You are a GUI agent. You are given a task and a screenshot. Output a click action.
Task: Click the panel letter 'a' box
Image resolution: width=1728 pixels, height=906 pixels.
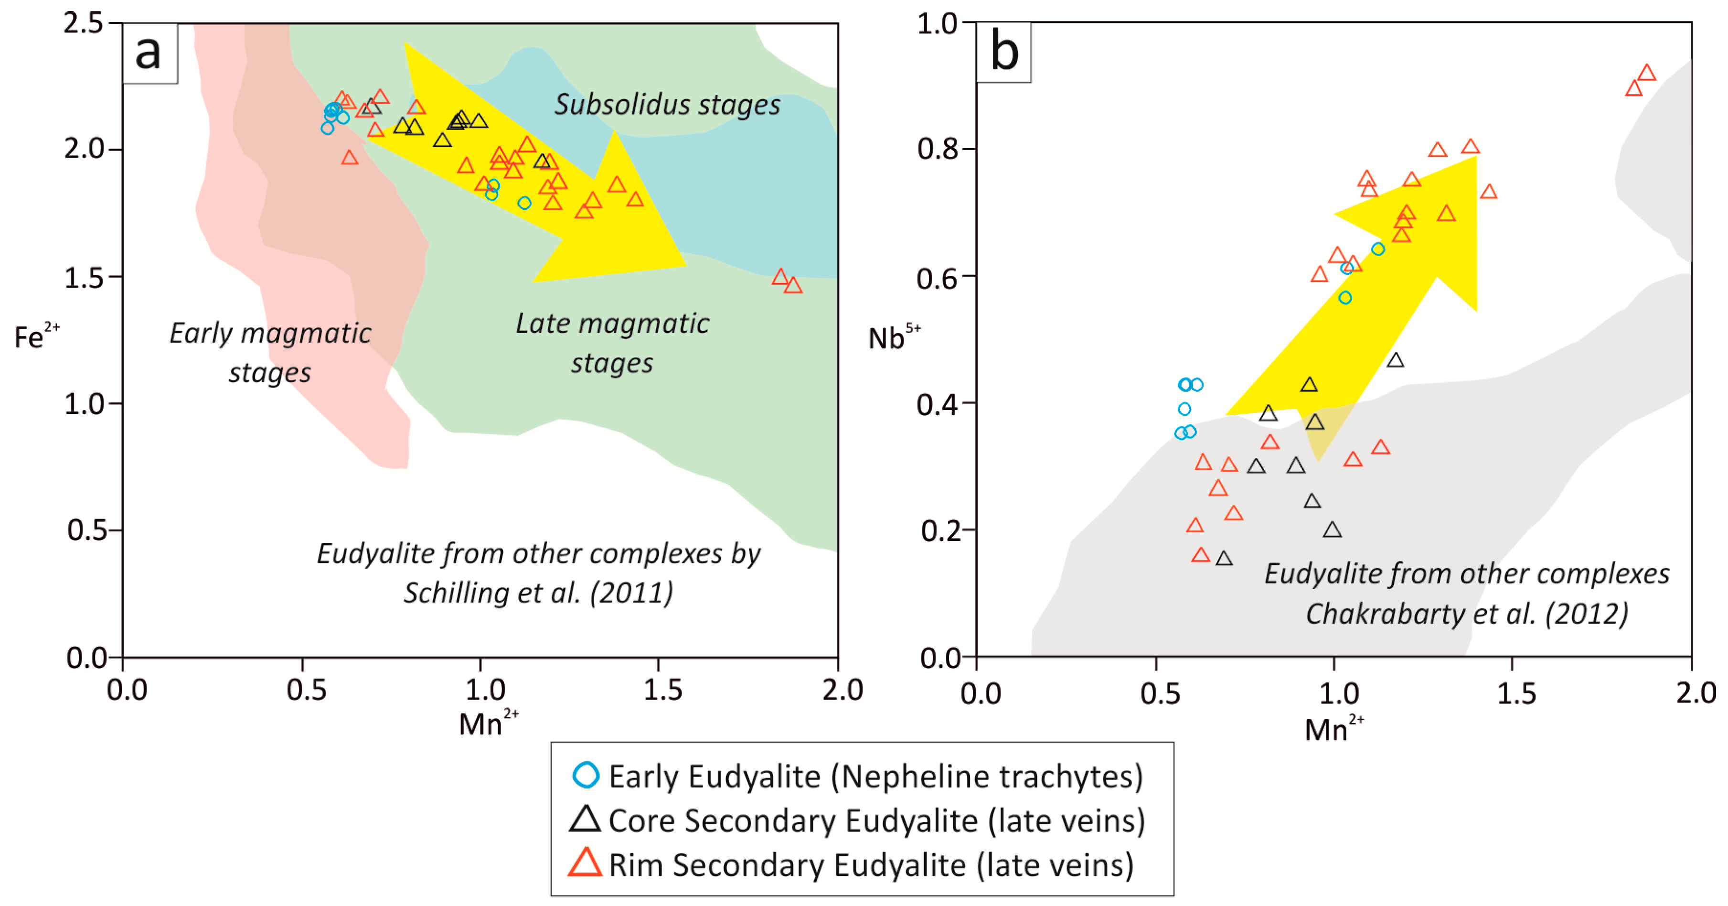(x=149, y=53)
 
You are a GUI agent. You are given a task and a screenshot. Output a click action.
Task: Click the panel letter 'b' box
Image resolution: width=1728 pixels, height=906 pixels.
(x=1003, y=53)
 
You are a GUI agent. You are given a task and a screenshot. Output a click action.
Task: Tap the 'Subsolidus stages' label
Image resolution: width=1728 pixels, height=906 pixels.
(x=667, y=105)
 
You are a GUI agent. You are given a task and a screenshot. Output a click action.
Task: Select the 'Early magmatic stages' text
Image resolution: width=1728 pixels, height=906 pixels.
(x=270, y=352)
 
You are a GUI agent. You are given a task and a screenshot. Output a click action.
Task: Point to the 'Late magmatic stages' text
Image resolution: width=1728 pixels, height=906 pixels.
(x=612, y=343)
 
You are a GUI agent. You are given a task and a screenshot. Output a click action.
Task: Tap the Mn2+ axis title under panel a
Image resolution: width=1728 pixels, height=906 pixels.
(x=488, y=723)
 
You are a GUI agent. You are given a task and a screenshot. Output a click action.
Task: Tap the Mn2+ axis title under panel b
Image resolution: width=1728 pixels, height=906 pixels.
(x=1333, y=729)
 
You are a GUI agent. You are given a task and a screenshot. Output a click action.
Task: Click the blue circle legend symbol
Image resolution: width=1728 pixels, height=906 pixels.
(x=586, y=775)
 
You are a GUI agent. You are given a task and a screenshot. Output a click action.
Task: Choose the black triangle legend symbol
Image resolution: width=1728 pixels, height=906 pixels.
(x=585, y=820)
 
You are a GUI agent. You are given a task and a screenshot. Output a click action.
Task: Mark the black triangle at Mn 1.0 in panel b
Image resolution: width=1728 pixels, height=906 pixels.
(x=1332, y=531)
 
